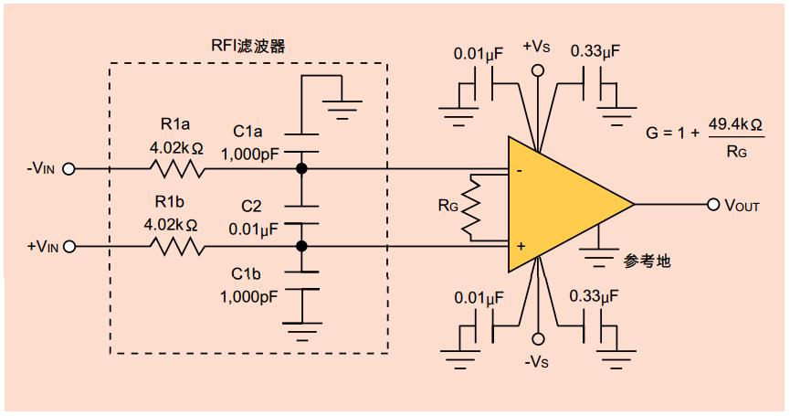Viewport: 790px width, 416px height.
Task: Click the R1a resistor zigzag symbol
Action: (177, 168)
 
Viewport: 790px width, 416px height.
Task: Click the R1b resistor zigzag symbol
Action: (177, 247)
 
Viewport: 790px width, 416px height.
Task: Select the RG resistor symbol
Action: (471, 208)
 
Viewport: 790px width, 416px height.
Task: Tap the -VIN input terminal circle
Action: (68, 169)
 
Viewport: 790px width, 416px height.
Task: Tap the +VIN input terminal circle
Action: (69, 247)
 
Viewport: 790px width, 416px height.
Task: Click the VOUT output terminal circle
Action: (713, 204)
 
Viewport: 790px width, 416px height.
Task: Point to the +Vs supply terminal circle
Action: (538, 70)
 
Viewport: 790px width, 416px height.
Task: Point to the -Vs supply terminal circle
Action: (538, 338)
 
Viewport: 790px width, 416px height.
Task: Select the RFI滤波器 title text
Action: (248, 46)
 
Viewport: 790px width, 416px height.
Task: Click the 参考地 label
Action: (647, 261)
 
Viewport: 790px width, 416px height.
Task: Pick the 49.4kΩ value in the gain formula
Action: (735, 124)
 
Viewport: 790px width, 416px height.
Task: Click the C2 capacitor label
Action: (251, 207)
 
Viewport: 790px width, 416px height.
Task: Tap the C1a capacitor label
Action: (248, 132)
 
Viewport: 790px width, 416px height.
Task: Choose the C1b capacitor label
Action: (246, 273)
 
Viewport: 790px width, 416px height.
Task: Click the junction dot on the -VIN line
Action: (301, 169)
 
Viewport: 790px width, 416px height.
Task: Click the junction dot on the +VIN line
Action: (301, 247)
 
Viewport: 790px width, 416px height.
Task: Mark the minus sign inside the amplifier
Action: (520, 172)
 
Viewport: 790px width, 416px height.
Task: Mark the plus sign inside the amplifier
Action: (521, 246)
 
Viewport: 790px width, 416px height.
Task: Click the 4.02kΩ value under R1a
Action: (176, 148)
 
